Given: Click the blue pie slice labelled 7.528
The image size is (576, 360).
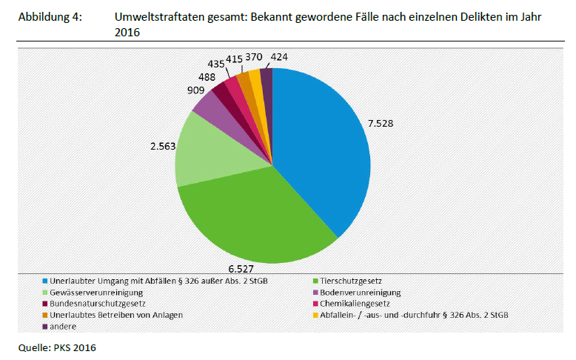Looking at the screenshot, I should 326,148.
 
